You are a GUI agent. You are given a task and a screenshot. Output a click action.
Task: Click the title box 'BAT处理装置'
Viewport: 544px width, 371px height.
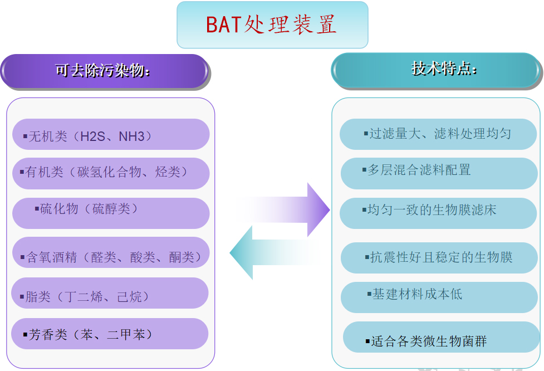tap(272, 25)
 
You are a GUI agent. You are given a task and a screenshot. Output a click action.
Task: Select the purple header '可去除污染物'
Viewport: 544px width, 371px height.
tap(105, 71)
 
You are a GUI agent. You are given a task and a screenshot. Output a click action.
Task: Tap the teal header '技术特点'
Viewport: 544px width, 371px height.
tap(437, 70)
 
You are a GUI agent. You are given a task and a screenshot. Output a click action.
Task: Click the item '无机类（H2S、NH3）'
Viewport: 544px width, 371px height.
tap(111, 134)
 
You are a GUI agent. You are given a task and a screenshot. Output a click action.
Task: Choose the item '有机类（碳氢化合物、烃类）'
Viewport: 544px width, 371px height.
tap(111, 174)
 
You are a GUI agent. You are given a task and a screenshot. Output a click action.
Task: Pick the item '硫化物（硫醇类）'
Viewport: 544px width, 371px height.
tap(111, 213)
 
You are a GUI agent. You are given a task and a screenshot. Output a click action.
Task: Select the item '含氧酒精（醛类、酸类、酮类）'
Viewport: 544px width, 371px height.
tap(111, 252)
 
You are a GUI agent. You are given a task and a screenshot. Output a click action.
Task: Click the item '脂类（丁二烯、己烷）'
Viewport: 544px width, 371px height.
tap(110, 293)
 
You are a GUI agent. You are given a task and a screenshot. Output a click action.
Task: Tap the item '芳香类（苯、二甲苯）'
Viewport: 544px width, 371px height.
tap(110, 334)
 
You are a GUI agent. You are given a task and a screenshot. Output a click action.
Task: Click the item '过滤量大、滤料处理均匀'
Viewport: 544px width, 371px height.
tap(438, 134)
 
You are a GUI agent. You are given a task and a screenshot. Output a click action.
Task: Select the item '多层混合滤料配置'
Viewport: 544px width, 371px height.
tap(439, 174)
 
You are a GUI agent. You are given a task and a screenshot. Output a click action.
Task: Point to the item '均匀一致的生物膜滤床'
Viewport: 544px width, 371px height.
tap(438, 213)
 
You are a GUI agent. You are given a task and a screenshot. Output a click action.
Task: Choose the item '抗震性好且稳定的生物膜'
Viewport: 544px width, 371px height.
tap(439, 258)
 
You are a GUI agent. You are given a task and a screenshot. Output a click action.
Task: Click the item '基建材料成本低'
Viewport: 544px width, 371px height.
tap(439, 297)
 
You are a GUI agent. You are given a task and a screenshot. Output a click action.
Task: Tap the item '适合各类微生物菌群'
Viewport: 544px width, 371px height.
tap(442, 337)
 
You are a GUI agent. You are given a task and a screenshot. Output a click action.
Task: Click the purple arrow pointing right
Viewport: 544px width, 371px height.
tap(283, 209)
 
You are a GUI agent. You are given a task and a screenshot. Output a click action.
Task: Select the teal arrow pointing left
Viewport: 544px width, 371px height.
tap(275, 252)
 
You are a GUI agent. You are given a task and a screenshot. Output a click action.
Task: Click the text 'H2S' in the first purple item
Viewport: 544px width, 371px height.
tap(92, 136)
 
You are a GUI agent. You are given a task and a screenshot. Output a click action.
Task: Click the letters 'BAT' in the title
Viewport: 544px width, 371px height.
tap(224, 25)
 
